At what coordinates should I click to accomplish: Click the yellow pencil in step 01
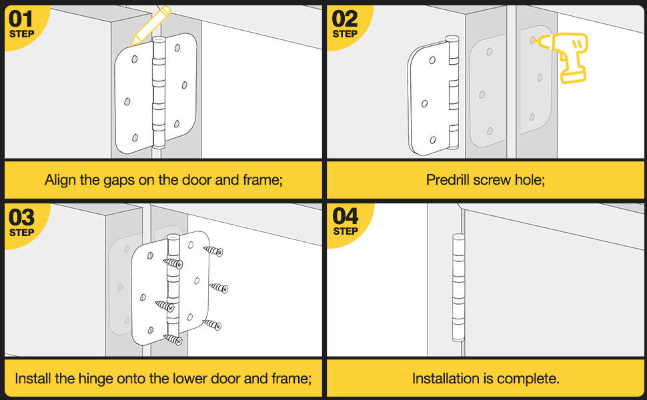pos(151,25)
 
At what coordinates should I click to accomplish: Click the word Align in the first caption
pos(60,179)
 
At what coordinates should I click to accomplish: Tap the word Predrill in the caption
pos(448,179)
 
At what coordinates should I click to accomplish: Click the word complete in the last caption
pos(531,379)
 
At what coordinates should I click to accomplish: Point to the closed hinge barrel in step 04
pos(458,287)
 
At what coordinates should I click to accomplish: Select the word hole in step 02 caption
pos(531,179)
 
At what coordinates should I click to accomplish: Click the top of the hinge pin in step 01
pos(158,41)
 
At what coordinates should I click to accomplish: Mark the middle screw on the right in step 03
pos(219,288)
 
